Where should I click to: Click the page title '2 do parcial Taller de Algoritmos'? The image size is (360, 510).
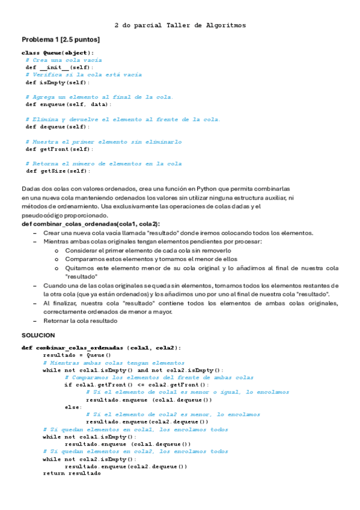coord(180,26)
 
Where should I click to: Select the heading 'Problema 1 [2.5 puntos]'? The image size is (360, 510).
coord(61,39)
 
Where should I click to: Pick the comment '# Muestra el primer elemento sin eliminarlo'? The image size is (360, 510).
coord(103,142)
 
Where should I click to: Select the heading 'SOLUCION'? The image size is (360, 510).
coord(38,334)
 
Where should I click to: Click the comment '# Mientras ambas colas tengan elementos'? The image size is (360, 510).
coord(114,363)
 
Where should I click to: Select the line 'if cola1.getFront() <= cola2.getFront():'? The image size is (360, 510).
coord(136,385)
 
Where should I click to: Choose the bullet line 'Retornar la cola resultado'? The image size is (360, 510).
coord(81,321)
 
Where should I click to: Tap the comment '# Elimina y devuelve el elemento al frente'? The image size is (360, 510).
coord(123,119)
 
